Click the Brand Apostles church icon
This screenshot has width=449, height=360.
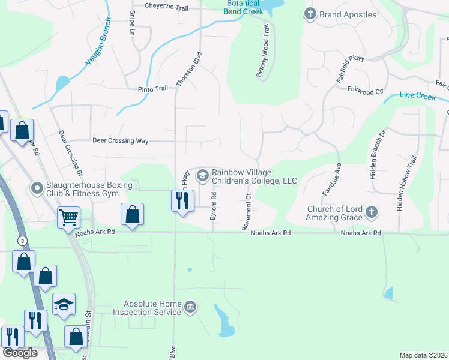310,14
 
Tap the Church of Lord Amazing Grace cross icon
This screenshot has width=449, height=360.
372,211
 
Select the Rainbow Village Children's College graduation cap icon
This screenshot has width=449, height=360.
203,175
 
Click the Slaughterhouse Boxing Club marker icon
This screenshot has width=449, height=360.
37,188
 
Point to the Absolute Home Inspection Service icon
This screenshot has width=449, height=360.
190,308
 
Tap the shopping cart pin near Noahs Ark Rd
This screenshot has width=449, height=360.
69,217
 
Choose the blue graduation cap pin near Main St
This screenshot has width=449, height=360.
64,304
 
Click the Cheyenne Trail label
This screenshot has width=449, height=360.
167,7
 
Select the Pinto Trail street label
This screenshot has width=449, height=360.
153,89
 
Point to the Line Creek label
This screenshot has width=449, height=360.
417,95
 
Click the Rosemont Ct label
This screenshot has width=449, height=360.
247,212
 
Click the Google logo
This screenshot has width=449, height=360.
19,353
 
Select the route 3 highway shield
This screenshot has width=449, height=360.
23,241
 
